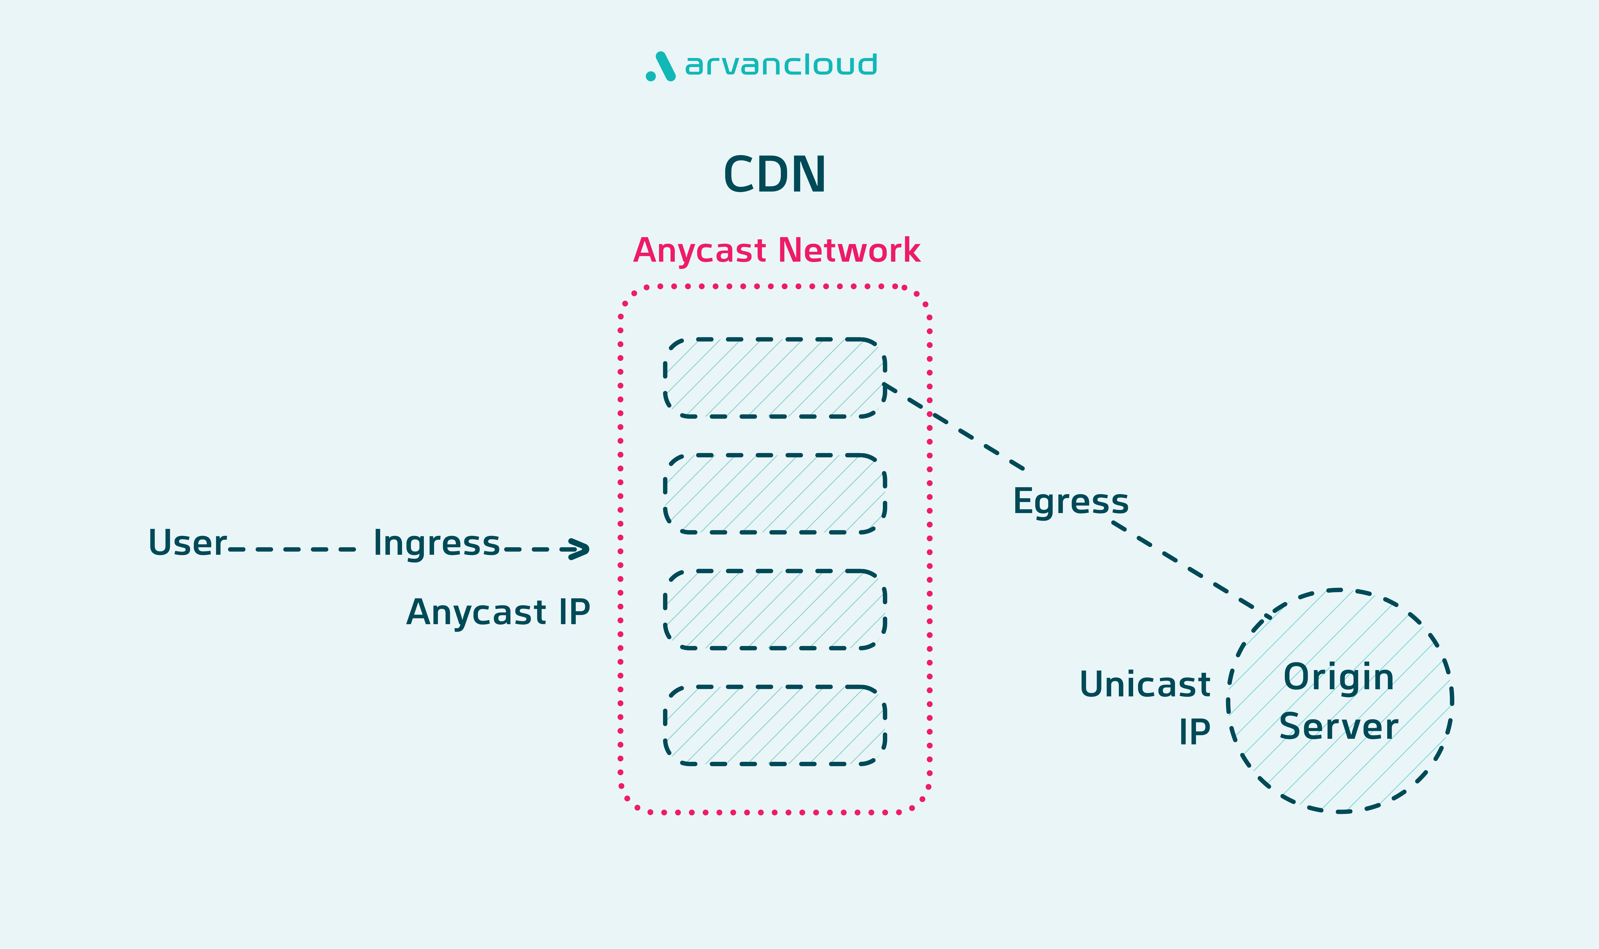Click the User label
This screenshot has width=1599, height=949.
click(x=187, y=543)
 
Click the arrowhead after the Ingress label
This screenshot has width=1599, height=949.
click(x=577, y=549)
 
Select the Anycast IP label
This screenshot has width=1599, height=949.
click(x=498, y=613)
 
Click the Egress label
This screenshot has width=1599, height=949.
click(x=1071, y=501)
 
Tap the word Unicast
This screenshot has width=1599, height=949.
click(x=1145, y=685)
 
